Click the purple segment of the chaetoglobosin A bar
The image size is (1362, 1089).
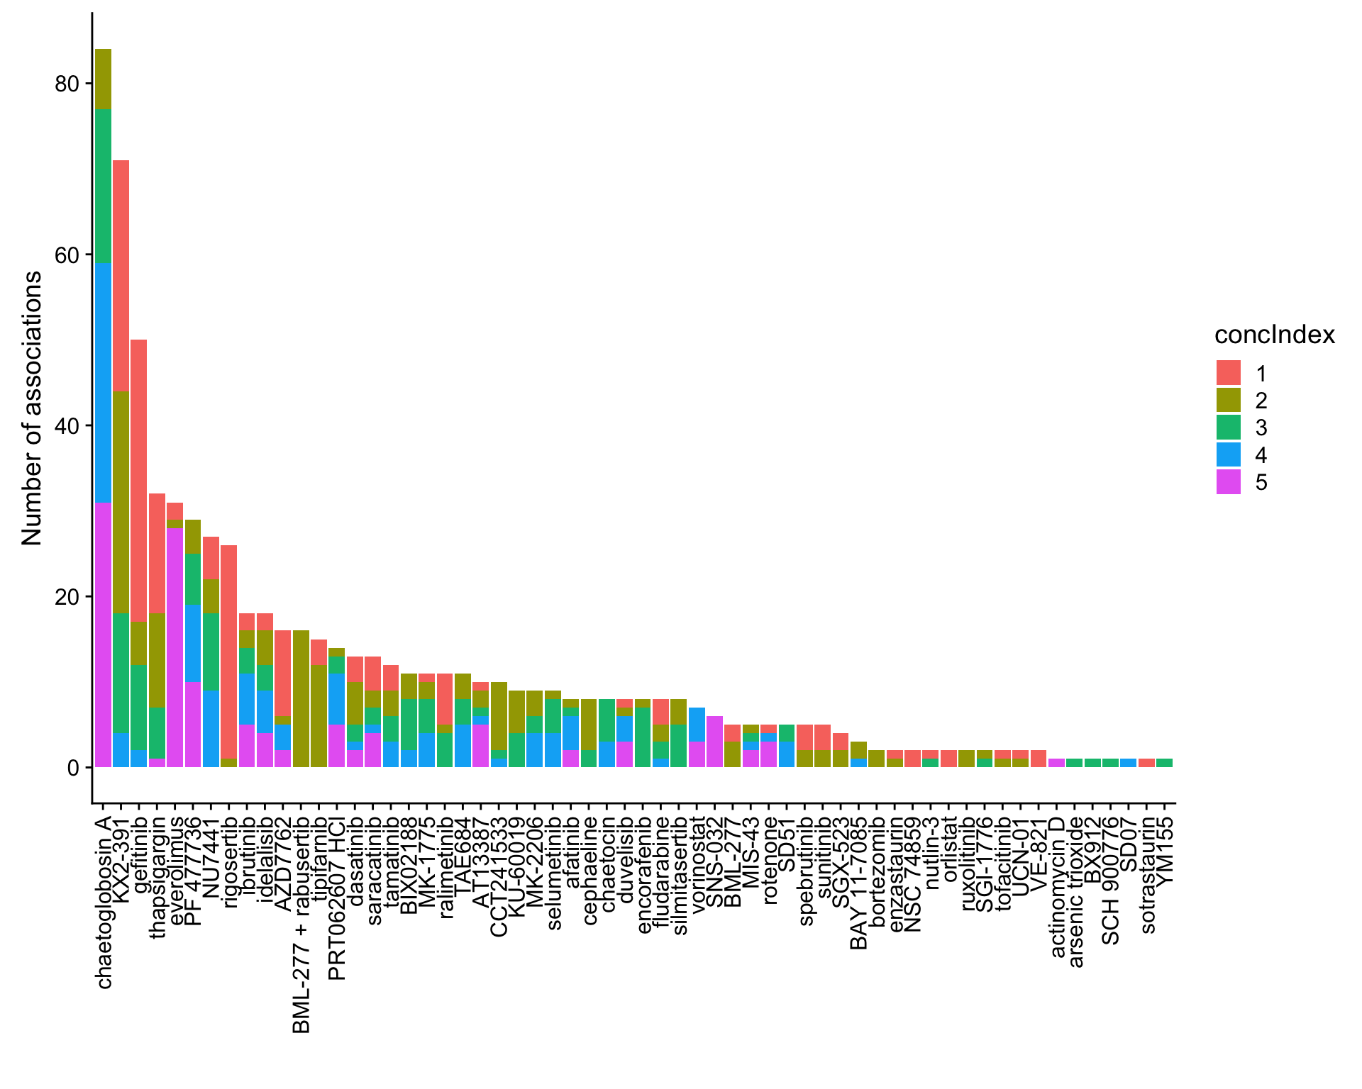[x=103, y=635]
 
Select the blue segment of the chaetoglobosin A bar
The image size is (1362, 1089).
[x=103, y=383]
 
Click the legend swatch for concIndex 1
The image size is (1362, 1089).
[x=1228, y=373]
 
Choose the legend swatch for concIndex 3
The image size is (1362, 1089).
[x=1228, y=428]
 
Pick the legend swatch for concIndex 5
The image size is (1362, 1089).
[x=1228, y=482]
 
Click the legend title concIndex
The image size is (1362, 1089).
[x=1274, y=335]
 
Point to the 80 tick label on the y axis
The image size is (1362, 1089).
[x=66, y=84]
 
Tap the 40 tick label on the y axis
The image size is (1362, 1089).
[x=66, y=425]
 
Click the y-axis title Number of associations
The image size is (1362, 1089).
[x=32, y=408]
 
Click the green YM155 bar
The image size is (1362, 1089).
[x=1164, y=763]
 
